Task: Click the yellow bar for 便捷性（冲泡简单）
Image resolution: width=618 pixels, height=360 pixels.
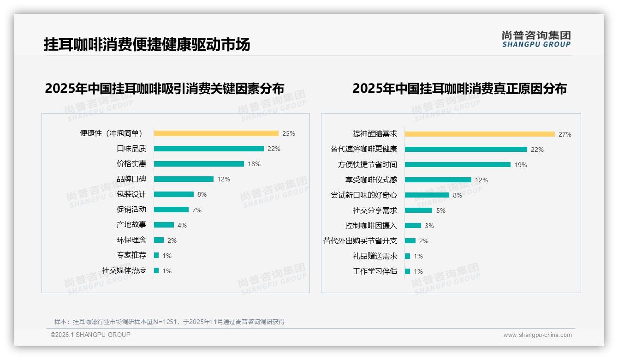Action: pos(216,133)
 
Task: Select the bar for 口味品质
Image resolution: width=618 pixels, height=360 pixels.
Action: pos(208,149)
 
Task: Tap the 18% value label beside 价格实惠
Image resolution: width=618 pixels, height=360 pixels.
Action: pos(254,164)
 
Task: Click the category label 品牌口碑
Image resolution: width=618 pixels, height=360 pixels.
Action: pos(131,179)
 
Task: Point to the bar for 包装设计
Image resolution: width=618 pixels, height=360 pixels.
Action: pos(173,194)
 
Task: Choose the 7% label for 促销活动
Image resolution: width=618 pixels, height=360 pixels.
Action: pos(197,210)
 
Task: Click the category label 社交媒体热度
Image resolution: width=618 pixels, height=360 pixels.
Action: pos(124,270)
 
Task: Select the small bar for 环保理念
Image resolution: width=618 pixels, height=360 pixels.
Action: pos(159,240)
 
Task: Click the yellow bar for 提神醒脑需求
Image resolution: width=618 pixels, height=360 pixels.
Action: pos(480,134)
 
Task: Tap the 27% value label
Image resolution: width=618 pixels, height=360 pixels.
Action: pos(565,134)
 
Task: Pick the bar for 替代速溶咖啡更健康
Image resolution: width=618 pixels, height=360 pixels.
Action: pos(466,150)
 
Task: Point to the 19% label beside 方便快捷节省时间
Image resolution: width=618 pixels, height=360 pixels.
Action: pos(521,165)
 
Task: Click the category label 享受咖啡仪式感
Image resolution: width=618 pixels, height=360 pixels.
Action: pos(371,180)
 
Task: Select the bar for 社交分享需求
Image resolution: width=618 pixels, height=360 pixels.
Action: pos(418,210)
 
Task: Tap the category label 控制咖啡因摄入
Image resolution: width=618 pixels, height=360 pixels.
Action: pos(371,226)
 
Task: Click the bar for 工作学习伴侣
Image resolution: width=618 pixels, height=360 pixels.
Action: pos(407,271)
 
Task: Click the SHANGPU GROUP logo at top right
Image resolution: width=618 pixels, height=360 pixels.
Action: pos(536,39)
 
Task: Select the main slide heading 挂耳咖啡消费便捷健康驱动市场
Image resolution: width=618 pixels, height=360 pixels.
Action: pos(147,45)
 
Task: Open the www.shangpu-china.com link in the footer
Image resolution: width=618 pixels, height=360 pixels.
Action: pos(537,335)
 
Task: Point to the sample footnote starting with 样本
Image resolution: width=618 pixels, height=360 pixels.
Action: pos(169,322)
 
